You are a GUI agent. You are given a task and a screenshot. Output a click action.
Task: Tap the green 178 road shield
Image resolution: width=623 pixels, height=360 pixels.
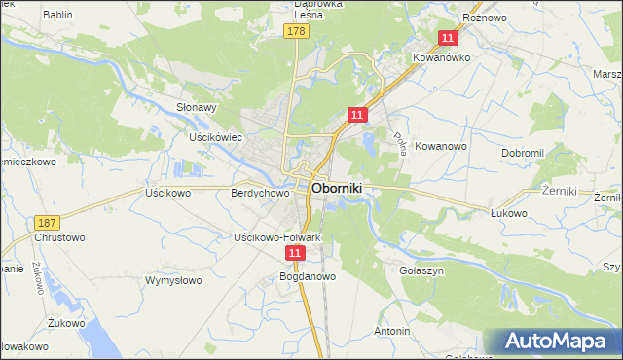point(297,32)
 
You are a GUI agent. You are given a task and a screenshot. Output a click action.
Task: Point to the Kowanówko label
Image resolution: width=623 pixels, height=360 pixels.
point(443,57)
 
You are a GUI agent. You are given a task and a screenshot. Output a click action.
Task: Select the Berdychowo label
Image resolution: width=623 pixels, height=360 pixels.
point(260,193)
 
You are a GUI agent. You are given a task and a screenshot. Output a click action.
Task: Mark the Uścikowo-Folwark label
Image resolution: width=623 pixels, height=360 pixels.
point(276,237)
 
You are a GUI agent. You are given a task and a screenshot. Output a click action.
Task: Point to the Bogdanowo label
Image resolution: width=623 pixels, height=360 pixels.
point(308,276)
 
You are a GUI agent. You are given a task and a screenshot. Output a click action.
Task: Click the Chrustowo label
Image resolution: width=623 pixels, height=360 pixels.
point(59,237)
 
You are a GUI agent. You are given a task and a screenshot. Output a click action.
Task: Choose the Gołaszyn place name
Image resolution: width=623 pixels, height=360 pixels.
point(421,270)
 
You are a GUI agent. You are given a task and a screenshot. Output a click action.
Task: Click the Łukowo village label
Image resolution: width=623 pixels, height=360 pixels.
point(508,213)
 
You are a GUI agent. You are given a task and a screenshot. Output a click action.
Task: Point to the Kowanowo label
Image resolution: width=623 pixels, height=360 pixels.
point(442,146)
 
